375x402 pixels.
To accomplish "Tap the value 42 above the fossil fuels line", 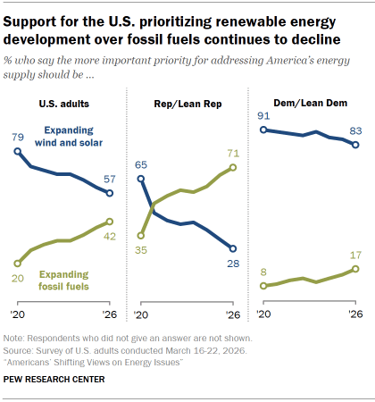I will pos(109,237).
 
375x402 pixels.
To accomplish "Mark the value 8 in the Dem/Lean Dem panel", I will pos(263,271).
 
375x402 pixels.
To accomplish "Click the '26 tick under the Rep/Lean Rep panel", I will pos(232,315).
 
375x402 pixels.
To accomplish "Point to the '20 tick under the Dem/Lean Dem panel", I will pos(263,315).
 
